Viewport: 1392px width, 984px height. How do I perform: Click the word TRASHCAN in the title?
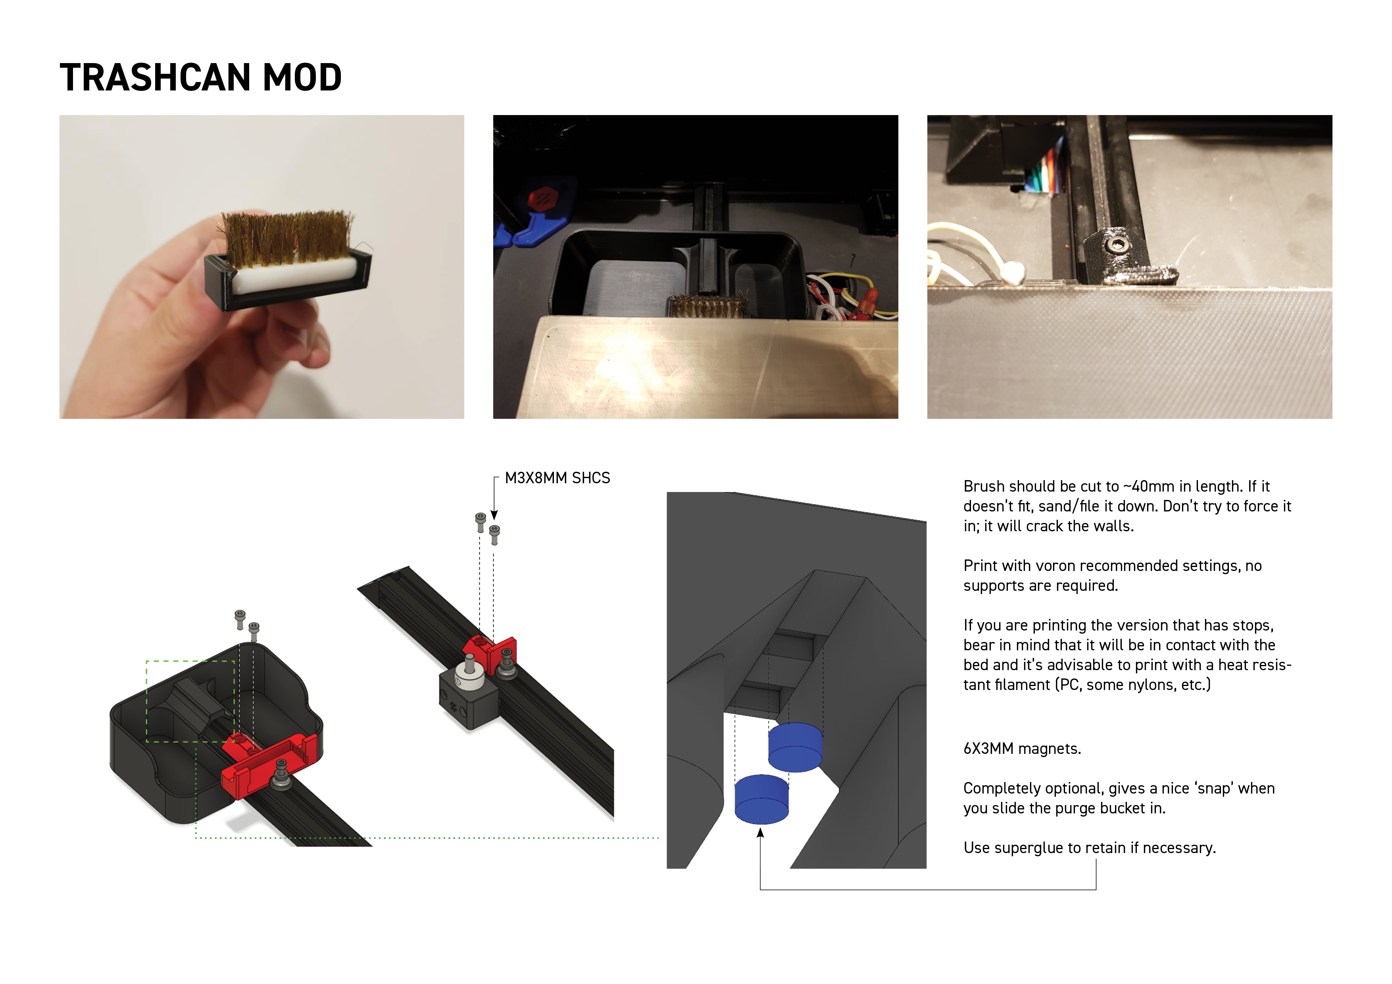click(155, 78)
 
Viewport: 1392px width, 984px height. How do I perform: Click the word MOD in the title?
click(302, 78)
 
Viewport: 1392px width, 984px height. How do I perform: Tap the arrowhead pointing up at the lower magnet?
click(760, 834)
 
